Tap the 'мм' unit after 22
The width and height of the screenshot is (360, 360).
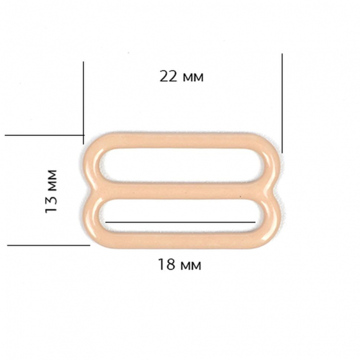click(194, 78)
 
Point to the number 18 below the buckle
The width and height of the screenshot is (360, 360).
click(167, 264)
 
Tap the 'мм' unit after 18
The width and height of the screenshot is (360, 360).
click(191, 266)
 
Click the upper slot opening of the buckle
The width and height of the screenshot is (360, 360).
click(180, 165)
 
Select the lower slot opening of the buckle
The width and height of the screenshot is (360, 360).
click(180, 216)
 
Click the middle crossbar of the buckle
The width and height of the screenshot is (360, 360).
click(180, 191)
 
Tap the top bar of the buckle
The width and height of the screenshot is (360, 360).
click(180, 140)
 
